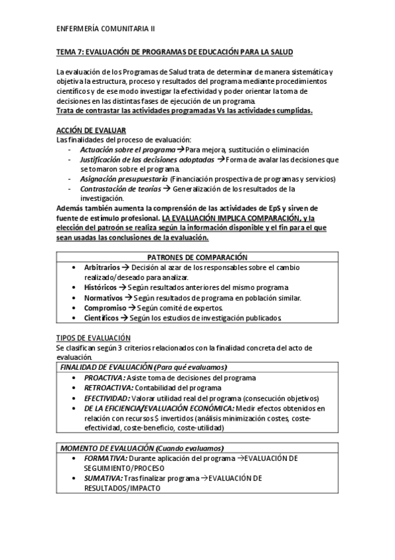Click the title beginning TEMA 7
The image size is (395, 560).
click(x=175, y=52)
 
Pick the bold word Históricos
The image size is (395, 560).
click(x=101, y=288)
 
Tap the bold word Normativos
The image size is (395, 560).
click(x=103, y=298)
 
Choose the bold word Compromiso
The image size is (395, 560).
click(x=104, y=308)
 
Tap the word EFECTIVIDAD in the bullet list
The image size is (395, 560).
click(x=107, y=398)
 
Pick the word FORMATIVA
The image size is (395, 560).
click(x=106, y=458)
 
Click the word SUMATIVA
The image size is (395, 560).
click(x=104, y=477)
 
